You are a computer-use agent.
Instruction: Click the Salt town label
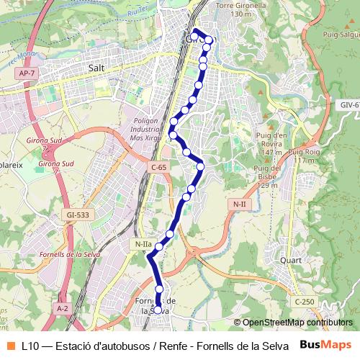[96, 68]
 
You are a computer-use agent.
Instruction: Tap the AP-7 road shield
[26, 73]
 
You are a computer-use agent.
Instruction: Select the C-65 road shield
[158, 167]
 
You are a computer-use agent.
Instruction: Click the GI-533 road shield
[77, 215]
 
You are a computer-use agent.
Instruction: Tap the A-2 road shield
[63, 308]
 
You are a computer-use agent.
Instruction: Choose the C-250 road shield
[304, 301]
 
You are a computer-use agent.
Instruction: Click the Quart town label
[291, 261]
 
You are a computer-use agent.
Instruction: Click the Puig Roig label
[304, 156]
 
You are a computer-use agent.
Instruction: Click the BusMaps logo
[325, 345]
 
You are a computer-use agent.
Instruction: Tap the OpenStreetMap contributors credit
[297, 323]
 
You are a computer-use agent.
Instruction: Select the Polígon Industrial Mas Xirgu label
[146, 128]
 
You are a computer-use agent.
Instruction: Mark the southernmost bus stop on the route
[158, 310]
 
